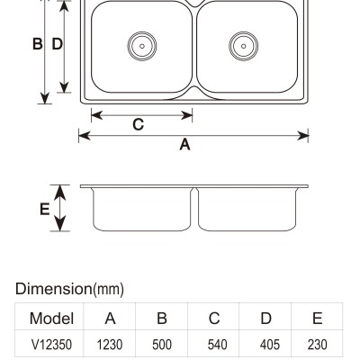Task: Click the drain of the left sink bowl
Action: pyautogui.click(x=142, y=46)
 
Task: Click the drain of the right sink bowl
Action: pyautogui.click(x=243, y=46)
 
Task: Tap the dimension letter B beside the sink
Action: pyautogui.click(x=37, y=44)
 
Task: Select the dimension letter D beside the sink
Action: pyautogui.click(x=57, y=44)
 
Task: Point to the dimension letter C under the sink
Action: pyautogui.click(x=139, y=124)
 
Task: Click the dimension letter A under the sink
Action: pyautogui.click(x=184, y=145)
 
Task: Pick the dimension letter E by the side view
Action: pyautogui.click(x=45, y=209)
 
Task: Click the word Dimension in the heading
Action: pyautogui.click(x=54, y=289)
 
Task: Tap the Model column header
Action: pyautogui.click(x=51, y=319)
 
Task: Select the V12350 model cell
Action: pyautogui.click(x=51, y=345)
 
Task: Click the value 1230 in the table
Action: pyautogui.click(x=110, y=345)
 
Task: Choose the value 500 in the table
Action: pyautogui.click(x=162, y=345)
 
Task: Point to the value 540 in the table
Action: pyautogui.click(x=217, y=345)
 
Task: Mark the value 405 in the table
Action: pyautogui.click(x=270, y=345)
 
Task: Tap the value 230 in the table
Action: pyautogui.click(x=317, y=345)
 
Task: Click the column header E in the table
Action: pyautogui.click(x=317, y=319)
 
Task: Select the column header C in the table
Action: pyautogui.click(x=214, y=319)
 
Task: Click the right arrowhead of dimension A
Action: pyautogui.click(x=302, y=136)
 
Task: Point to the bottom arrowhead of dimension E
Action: pyautogui.click(x=60, y=224)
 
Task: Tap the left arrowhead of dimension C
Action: pyautogui.click(x=96, y=115)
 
